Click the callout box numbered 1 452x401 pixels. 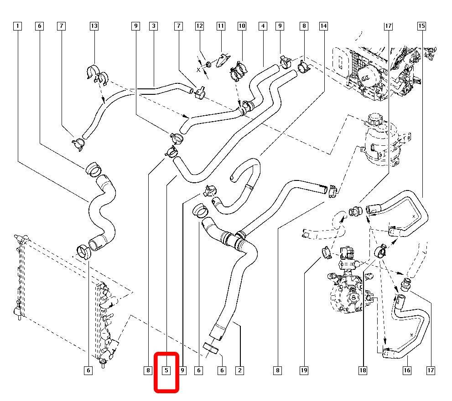pos(17,26)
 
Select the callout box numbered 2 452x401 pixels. pos(239,371)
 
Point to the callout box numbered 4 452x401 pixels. pos(263,26)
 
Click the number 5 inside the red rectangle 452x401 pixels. pos(167,371)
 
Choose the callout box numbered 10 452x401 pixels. pos(241,26)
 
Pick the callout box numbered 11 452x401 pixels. pos(221,26)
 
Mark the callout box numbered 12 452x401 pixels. pos(199,26)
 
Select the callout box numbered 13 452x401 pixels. pos(94,26)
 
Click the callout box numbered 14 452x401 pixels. pos(323,26)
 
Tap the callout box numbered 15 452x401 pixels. pos(421,26)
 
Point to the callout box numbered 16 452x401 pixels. pos(407,371)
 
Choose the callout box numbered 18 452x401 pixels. pos(363,371)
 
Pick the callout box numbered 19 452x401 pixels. pos(304,371)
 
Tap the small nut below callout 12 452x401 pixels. pos(208,63)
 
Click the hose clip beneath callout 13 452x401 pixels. pos(95,74)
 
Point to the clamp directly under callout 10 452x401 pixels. pos(239,71)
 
